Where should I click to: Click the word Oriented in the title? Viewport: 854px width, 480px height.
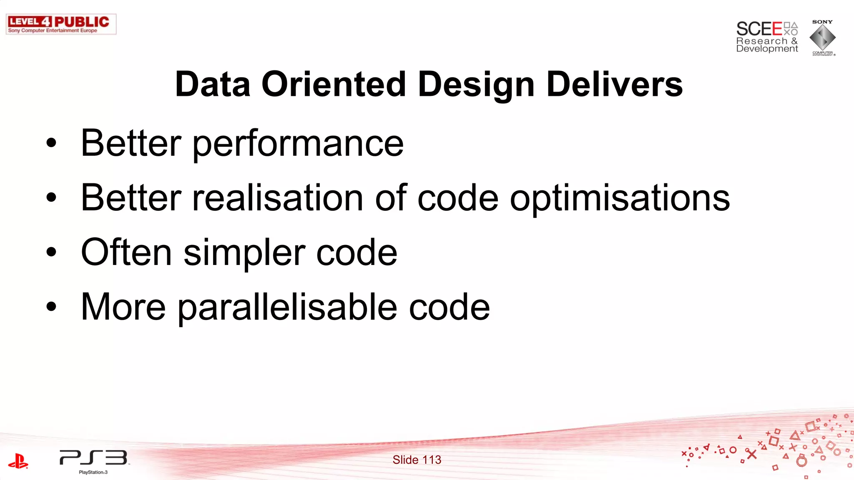point(333,84)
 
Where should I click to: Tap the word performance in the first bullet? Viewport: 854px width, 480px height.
point(298,144)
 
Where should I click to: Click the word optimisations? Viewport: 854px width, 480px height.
point(620,199)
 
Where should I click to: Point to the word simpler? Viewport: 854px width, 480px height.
point(244,253)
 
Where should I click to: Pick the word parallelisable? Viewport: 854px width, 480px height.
point(287,307)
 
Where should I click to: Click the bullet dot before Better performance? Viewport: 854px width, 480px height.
point(51,143)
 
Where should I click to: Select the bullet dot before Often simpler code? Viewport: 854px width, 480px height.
point(51,252)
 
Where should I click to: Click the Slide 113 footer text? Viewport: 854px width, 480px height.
point(417,460)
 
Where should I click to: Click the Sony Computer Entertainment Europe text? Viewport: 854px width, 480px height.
point(53,30)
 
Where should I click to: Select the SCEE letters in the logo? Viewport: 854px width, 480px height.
point(759,29)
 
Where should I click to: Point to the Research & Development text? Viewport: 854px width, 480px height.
point(766,45)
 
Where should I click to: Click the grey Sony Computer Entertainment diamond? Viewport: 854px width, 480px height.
point(822,37)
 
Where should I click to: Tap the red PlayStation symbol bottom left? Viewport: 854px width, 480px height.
point(18,461)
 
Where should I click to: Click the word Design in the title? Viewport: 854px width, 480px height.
point(476,84)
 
